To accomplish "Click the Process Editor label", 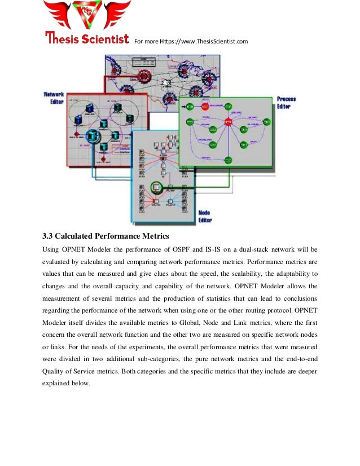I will point(287,103).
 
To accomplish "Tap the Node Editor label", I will point(204,216).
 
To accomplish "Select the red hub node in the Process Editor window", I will point(229,122).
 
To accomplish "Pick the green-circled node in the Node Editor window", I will point(156,185).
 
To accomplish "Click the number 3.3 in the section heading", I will point(50,235).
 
